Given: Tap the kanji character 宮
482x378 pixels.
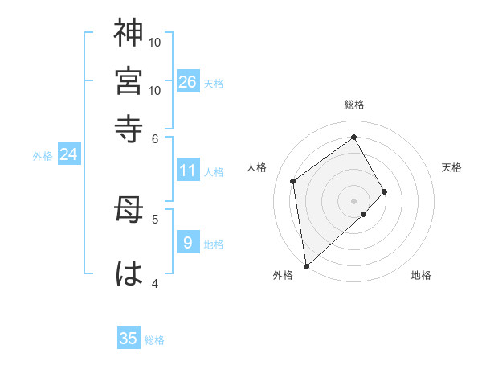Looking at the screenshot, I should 129,80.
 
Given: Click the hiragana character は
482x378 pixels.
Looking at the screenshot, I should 129,273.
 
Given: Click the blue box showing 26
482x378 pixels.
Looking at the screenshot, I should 188,82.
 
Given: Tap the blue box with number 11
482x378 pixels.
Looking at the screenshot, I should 188,171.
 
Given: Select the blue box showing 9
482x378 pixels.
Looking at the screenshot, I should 188,243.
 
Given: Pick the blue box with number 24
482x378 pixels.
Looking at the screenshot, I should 68,154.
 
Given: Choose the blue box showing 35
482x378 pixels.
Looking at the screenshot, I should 129,339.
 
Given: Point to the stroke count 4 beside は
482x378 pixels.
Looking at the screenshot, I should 156,282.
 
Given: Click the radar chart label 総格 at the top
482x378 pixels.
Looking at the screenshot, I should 354,105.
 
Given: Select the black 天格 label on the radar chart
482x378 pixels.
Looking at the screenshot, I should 451,167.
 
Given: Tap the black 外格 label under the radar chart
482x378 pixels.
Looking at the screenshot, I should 283,276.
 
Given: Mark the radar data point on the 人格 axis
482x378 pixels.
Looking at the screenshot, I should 293,181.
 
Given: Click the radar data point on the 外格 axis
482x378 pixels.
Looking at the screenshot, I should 306,265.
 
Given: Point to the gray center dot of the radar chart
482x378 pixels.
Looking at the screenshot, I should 354,199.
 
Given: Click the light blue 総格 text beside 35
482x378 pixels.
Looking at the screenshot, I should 154,340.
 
